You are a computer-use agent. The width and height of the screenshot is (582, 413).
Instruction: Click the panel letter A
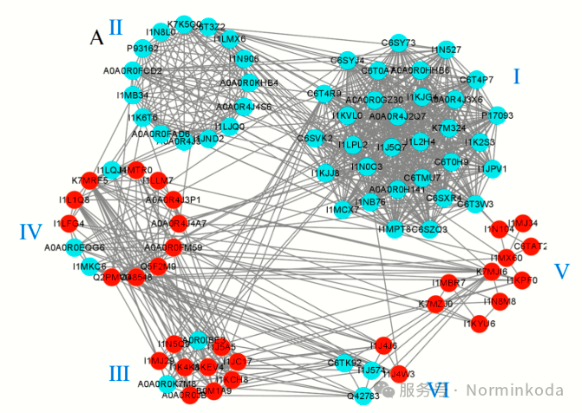click(98, 36)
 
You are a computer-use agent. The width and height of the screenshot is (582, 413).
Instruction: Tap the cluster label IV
click(30, 232)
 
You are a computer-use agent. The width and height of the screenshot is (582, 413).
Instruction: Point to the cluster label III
click(119, 373)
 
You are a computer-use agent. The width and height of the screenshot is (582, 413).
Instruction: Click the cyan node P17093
click(497, 115)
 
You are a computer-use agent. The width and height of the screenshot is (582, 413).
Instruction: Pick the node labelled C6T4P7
click(476, 80)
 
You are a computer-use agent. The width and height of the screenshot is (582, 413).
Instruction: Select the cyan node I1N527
click(447, 49)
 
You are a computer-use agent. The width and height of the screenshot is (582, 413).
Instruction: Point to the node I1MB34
click(133, 95)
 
